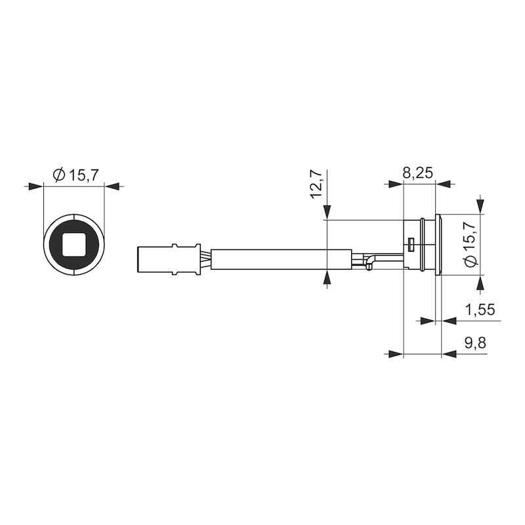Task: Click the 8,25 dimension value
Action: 417,174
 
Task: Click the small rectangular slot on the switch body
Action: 410,245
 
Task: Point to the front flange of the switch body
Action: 438,245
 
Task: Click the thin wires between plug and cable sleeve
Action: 205,259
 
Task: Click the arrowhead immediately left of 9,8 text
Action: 450,354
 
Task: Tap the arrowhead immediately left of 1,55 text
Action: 450,321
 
